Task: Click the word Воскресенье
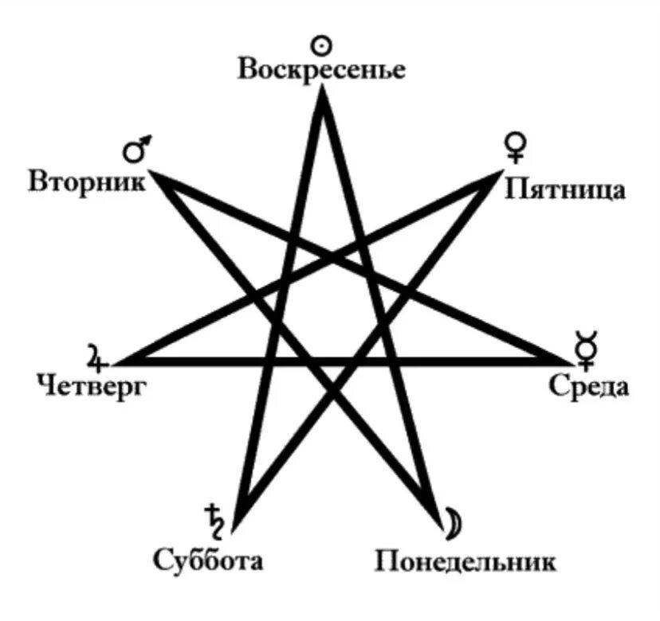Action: pyautogui.click(x=322, y=69)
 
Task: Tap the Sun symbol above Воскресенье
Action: pyautogui.click(x=321, y=45)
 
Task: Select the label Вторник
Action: pyautogui.click(x=87, y=181)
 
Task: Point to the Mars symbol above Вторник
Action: pyautogui.click(x=136, y=149)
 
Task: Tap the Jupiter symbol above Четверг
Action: pyautogui.click(x=96, y=358)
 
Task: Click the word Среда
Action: pyautogui.click(x=589, y=388)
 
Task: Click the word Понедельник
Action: pyautogui.click(x=466, y=561)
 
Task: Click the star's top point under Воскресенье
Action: pyautogui.click(x=322, y=94)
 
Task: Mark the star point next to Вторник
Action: pyautogui.click(x=156, y=176)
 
